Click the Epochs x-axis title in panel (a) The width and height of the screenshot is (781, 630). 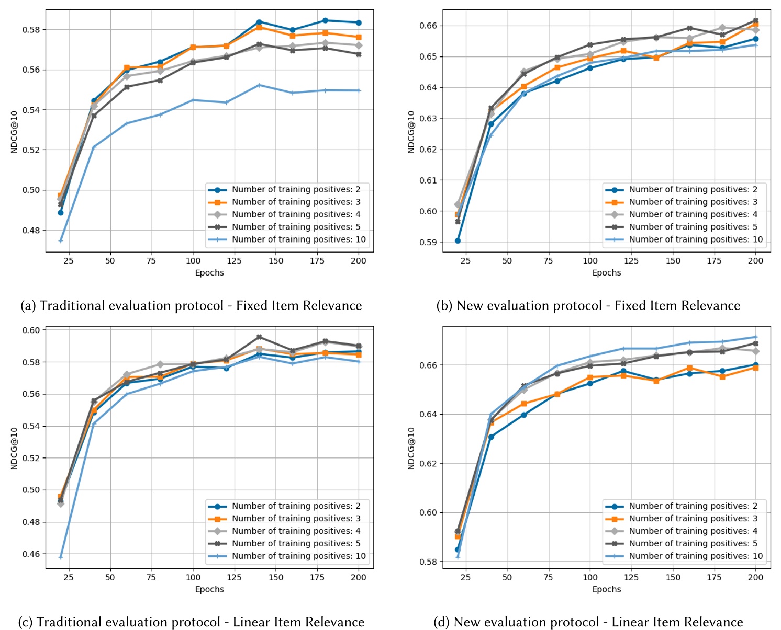click(209, 272)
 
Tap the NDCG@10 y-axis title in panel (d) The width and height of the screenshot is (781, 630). click(411, 448)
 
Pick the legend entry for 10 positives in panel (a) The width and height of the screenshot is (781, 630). click(299, 239)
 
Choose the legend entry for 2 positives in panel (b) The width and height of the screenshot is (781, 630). click(693, 189)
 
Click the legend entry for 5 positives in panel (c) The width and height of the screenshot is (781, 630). click(296, 543)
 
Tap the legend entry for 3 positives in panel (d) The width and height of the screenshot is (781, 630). click(693, 518)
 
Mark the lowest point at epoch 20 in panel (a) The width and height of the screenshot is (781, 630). click(61, 241)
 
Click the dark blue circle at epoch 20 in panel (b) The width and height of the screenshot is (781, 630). click(458, 240)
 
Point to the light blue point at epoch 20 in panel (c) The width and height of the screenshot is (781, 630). click(61, 557)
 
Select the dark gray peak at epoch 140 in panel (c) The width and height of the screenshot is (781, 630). click(259, 337)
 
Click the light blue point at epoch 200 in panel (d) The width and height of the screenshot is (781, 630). click(755, 337)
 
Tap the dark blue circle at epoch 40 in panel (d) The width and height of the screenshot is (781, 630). click(491, 437)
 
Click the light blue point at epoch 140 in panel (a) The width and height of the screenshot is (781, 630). click(259, 85)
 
